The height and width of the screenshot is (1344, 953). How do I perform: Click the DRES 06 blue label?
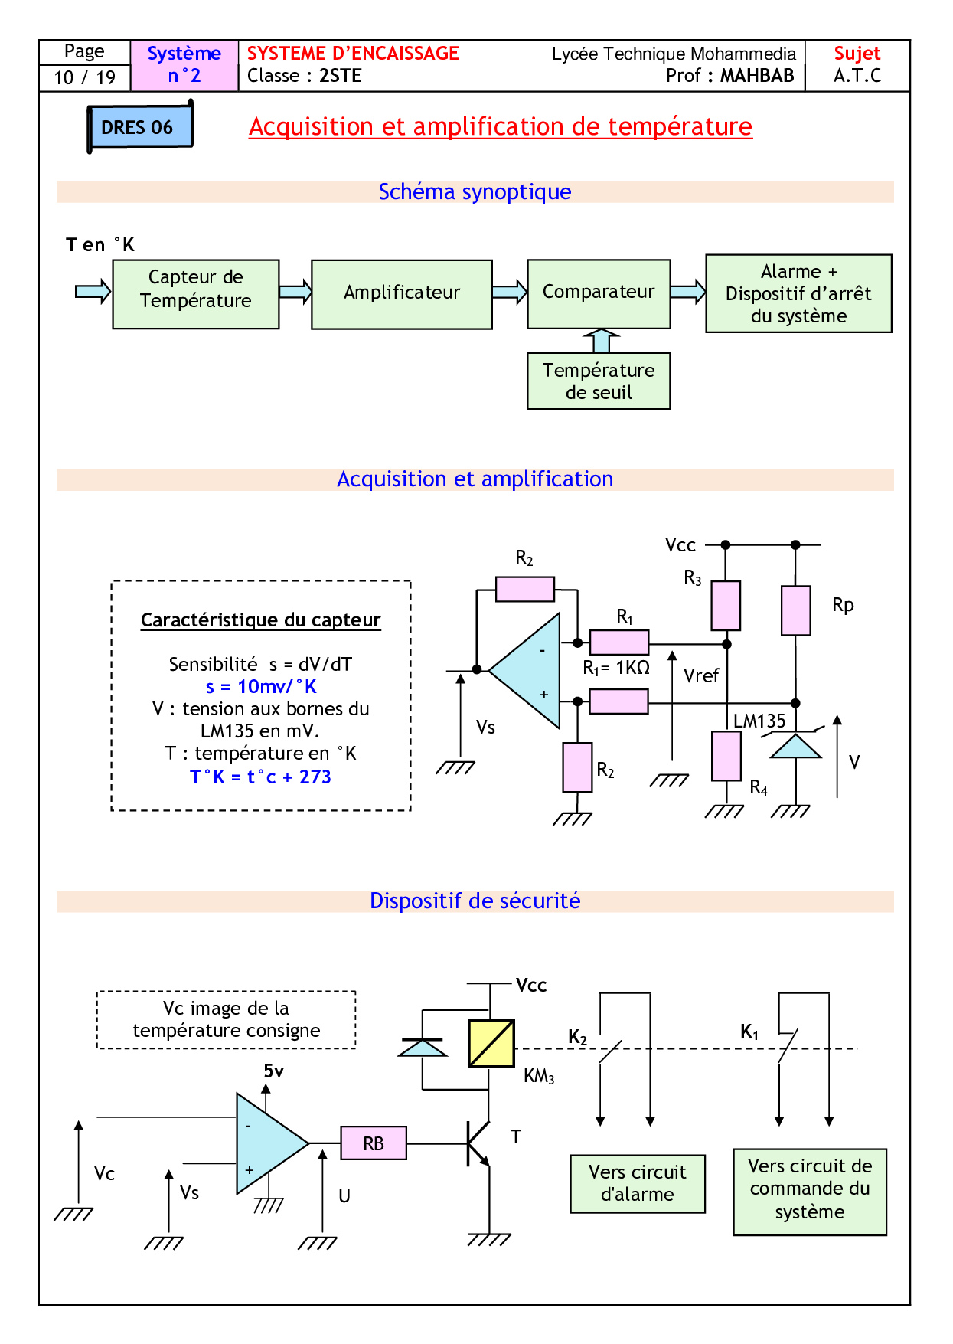coord(139,127)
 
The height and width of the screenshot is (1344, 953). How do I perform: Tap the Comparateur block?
coord(599,293)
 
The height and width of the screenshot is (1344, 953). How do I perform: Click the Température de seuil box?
coord(599,381)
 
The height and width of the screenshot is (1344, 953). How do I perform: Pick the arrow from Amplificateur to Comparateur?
coord(510,292)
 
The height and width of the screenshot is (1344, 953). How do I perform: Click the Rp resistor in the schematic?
coord(795,610)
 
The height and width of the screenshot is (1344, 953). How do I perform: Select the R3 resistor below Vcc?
coord(726,605)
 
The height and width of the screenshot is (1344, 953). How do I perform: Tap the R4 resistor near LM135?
coord(726,756)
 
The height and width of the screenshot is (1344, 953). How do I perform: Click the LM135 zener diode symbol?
coord(795,746)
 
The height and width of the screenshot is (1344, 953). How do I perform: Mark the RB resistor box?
coord(374,1143)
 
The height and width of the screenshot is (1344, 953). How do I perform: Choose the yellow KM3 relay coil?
coord(491,1043)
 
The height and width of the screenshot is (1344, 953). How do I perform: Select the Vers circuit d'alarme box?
coord(638,1183)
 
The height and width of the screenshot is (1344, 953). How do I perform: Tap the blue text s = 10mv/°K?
coord(261,687)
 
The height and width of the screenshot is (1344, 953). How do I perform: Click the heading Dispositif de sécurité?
coord(475,901)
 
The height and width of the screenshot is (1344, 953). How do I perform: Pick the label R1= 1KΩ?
coord(616,668)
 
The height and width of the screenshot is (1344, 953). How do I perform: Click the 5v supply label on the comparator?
coord(273,1071)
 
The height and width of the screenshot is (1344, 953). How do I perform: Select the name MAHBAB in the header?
coord(756,76)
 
